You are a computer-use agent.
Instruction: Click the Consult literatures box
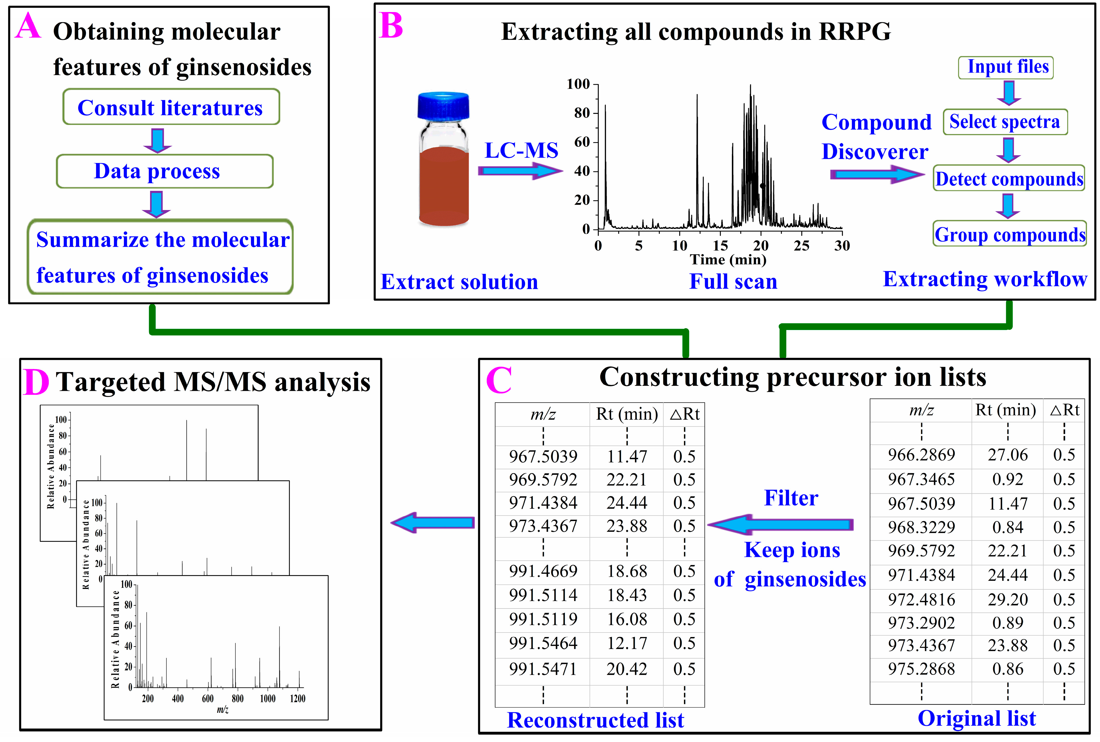pyautogui.click(x=171, y=108)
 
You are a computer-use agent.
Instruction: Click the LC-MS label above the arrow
pyautogui.click(x=521, y=150)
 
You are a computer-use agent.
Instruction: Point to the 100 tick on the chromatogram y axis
pyautogui.click(x=578, y=84)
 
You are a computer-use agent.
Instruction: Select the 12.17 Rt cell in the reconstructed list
pyautogui.click(x=627, y=643)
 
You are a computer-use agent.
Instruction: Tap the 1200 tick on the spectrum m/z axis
pyautogui.click(x=298, y=698)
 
